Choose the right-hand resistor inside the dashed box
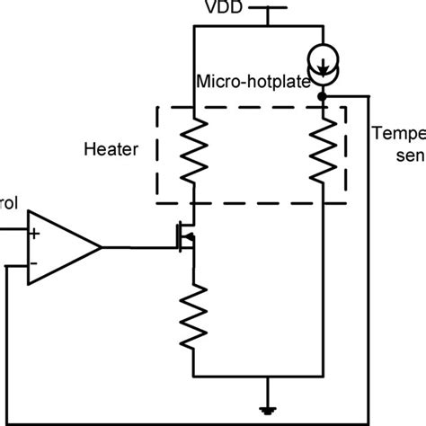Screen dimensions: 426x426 (322, 153)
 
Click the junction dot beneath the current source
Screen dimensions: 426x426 (322, 93)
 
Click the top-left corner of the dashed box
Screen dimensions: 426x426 (157, 109)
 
